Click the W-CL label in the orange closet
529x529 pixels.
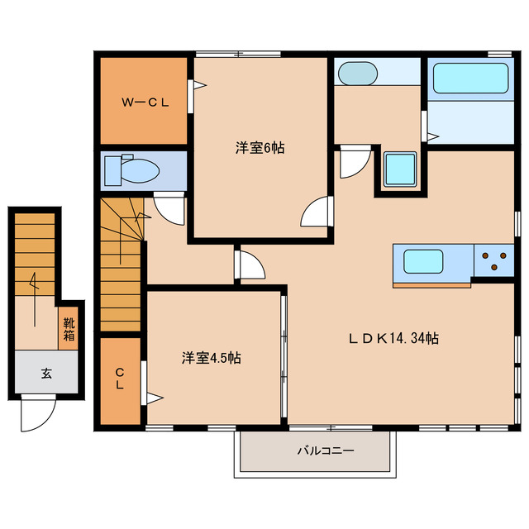(x=145, y=102)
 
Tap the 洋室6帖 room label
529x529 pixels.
(x=260, y=148)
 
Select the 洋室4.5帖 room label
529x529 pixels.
(x=212, y=358)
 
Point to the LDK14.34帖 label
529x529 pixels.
(x=393, y=338)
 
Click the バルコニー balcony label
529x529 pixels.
(x=326, y=450)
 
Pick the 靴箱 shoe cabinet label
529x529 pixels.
(x=69, y=329)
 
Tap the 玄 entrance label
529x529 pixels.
(x=46, y=374)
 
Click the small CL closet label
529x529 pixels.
(x=120, y=379)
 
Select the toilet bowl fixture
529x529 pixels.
(x=132, y=170)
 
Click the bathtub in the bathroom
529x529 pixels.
(x=470, y=78)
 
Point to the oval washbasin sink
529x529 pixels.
(x=358, y=74)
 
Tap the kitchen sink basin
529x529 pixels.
(x=423, y=261)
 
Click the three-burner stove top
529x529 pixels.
(x=494, y=261)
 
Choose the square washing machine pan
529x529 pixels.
(x=400, y=169)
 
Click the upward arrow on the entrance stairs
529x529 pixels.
(x=34, y=299)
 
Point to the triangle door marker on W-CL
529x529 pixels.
(x=200, y=85)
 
